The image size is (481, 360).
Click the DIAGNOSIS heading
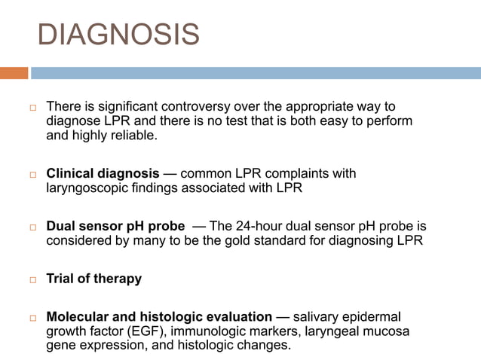tap(118, 35)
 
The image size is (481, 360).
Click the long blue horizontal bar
tap(256, 73)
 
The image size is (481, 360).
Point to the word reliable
tap(135, 136)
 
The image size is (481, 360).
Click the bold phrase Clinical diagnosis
tap(103, 173)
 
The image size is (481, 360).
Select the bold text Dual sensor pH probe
tap(115, 226)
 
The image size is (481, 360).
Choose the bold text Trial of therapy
tap(93, 279)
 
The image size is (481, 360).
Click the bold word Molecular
tap(76, 316)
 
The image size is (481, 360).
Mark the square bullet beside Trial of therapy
tap(33, 279)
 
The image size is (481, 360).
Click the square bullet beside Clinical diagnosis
tap(33, 174)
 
